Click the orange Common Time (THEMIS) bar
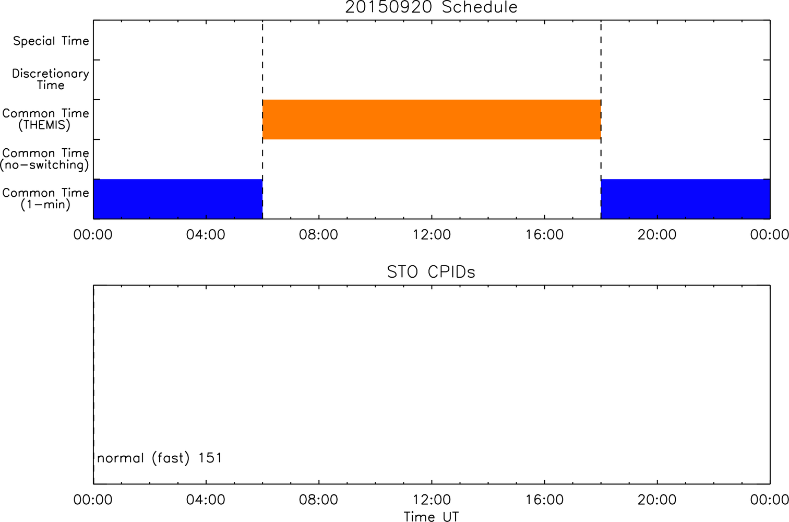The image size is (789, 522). point(432,120)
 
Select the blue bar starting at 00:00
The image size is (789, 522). point(178,199)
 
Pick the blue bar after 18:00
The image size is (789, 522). point(686,199)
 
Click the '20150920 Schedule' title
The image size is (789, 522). point(431,7)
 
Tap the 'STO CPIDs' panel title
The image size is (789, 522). point(431,272)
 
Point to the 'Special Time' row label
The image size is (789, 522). point(51,41)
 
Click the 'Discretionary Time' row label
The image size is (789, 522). point(51,79)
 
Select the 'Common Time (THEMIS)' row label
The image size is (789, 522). point(45,119)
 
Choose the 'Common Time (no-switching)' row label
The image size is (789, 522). point(45,159)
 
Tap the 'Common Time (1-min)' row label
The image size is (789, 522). point(45,199)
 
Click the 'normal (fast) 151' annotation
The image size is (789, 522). point(160,458)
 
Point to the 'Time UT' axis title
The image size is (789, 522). point(431,516)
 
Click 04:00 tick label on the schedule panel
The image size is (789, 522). point(206,234)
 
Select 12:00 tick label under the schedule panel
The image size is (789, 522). point(432,234)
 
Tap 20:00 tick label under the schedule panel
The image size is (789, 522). point(657,234)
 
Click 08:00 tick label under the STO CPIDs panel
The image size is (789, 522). point(318,500)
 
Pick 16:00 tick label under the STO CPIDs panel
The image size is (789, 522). point(544,500)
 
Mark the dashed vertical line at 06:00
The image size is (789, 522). point(262,120)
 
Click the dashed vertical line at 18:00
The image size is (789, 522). point(601,120)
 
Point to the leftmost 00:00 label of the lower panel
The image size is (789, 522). point(93,500)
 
